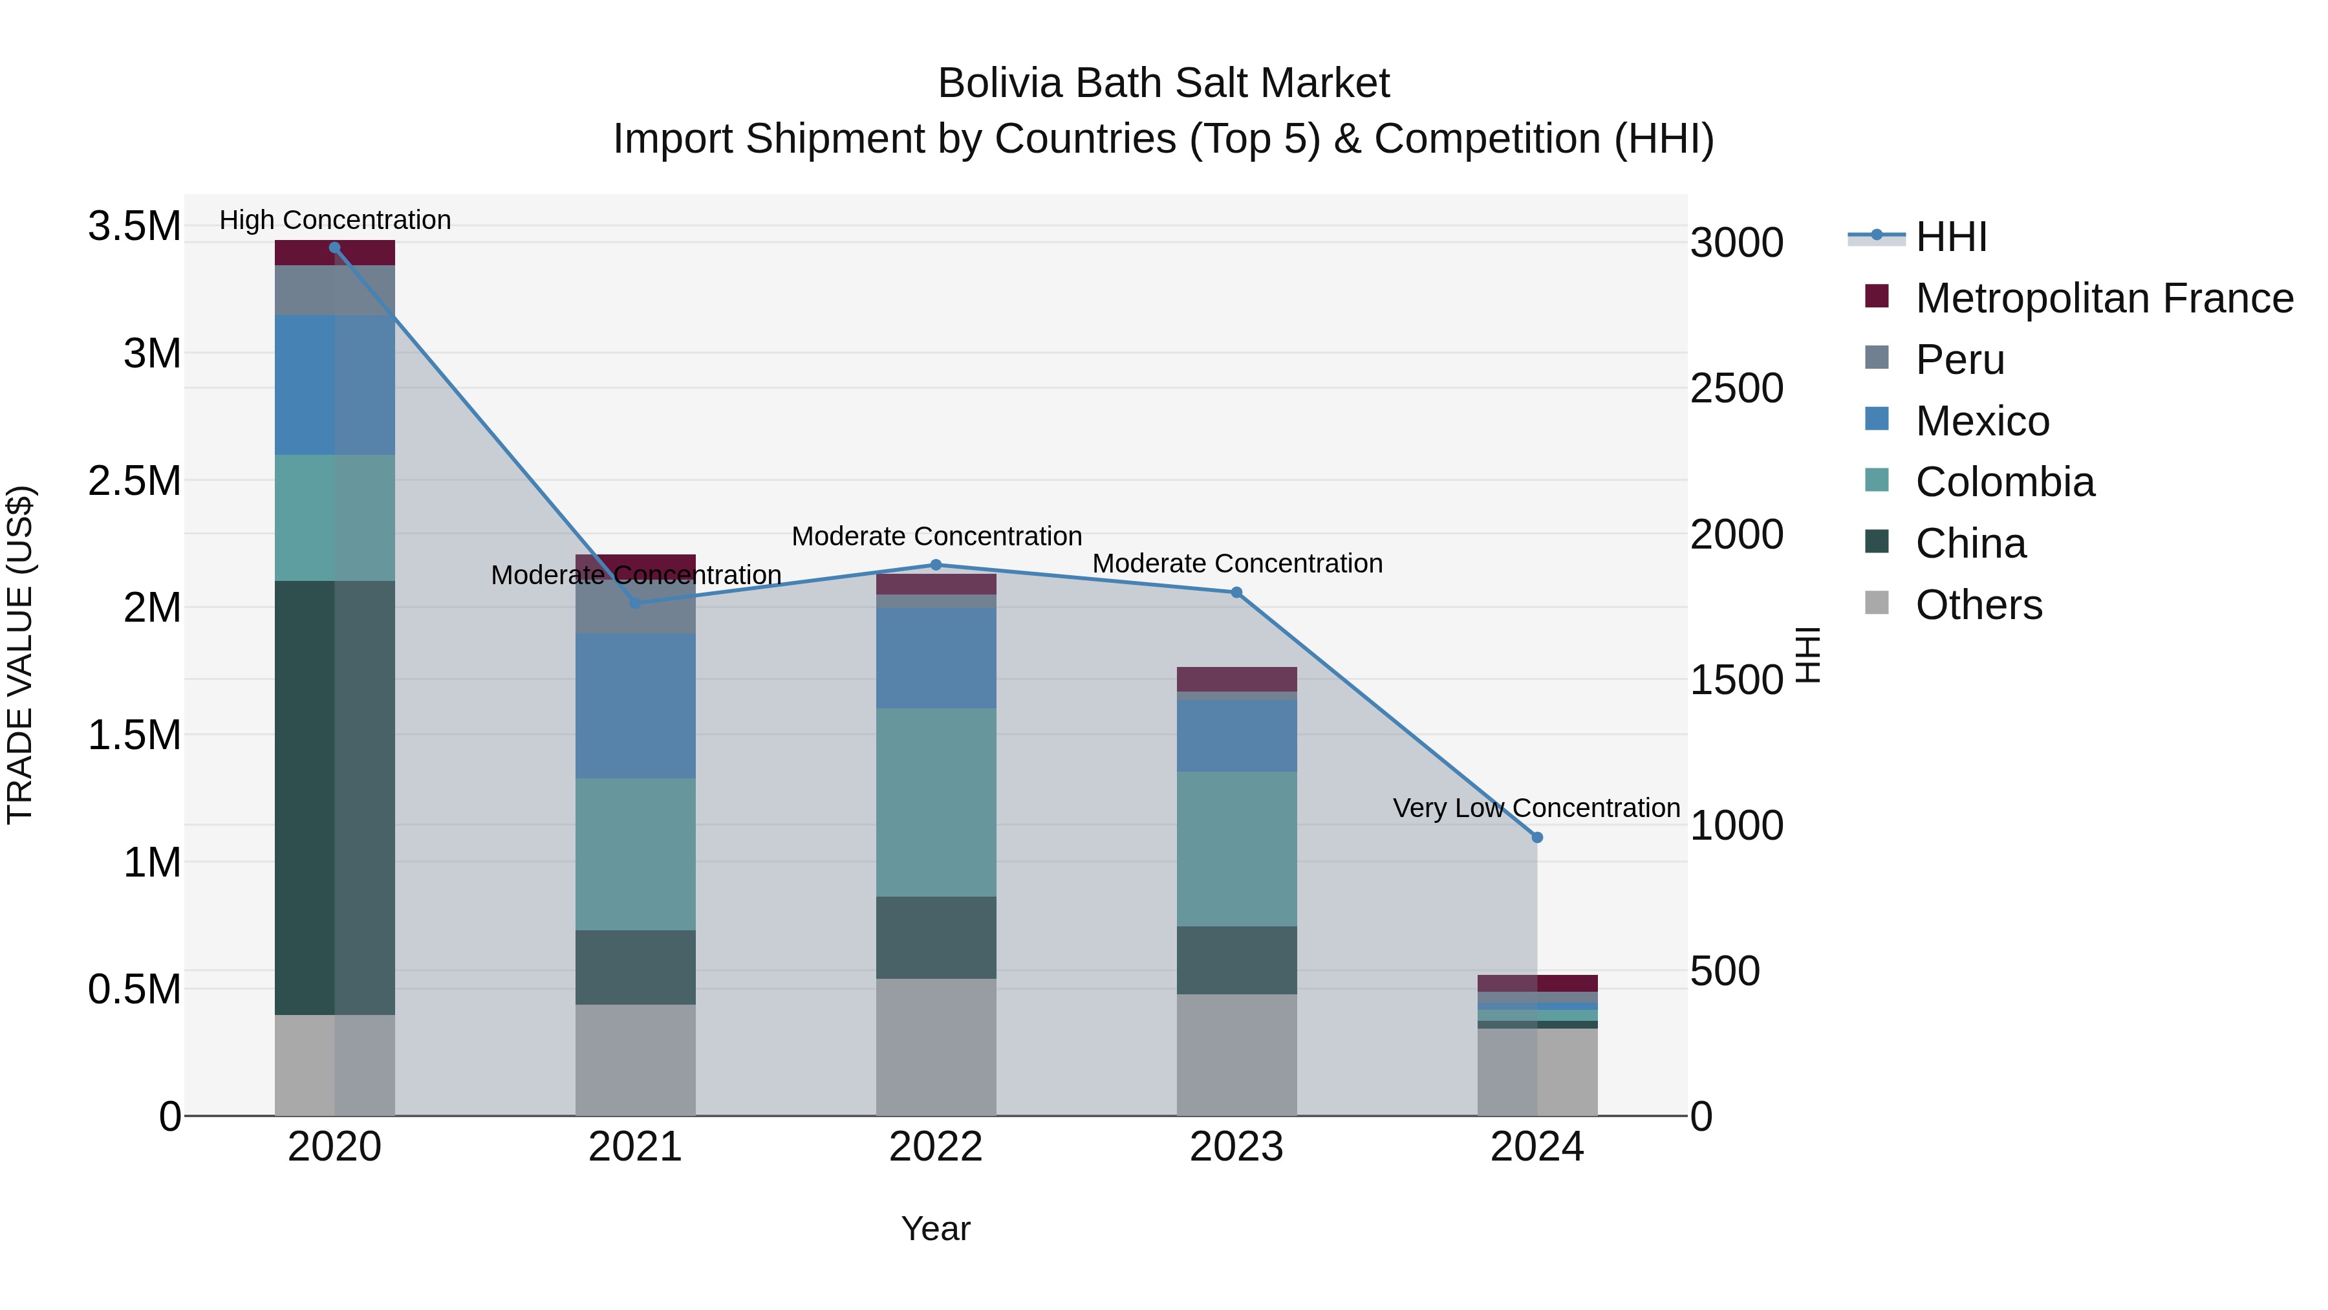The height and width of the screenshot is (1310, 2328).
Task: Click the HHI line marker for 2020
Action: [334, 247]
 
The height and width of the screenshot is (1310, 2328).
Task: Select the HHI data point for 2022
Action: [936, 565]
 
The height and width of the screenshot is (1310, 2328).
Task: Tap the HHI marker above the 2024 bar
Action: [1537, 837]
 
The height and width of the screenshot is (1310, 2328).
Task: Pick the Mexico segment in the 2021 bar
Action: [635, 705]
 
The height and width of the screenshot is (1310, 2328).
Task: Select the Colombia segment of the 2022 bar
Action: [936, 802]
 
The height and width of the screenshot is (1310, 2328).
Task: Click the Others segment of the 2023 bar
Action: [1236, 1054]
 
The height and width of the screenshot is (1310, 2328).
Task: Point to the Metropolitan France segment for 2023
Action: [1236, 679]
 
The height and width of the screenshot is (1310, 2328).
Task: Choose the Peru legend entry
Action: [1959, 360]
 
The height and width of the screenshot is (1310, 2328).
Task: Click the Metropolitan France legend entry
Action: [2104, 298]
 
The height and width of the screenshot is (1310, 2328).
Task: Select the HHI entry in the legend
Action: [1950, 237]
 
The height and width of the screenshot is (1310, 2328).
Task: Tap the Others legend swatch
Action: [1877, 603]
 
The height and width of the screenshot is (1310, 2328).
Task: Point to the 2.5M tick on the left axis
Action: [134, 481]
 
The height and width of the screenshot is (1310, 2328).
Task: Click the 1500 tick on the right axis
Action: [1736, 680]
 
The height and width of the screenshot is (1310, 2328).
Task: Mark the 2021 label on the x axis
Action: [635, 1147]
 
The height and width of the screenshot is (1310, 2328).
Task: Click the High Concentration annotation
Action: [334, 220]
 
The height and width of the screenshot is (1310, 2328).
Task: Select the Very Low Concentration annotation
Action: [1536, 807]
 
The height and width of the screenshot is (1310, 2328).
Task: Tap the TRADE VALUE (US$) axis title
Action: [20, 655]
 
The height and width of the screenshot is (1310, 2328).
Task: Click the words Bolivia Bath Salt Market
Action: [1163, 83]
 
